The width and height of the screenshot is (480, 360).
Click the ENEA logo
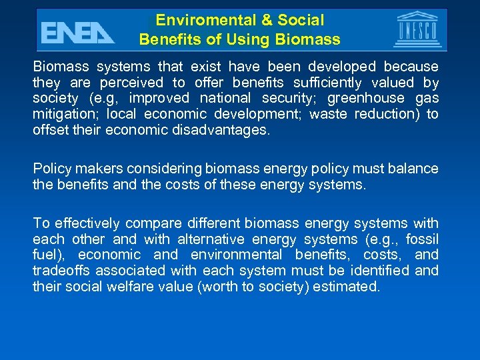coord(77,31)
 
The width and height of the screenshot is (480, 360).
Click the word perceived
coord(131,83)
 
